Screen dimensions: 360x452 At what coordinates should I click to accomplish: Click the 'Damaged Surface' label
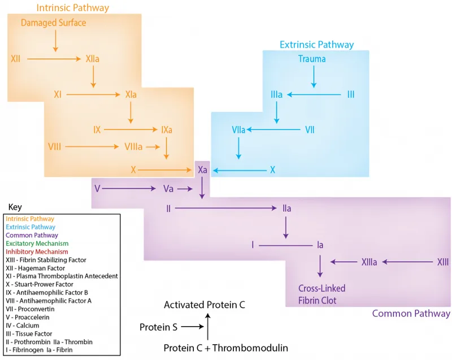point(54,23)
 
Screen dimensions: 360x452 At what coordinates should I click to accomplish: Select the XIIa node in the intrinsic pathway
point(93,58)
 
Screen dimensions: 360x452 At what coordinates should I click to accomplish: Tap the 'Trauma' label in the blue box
point(312,59)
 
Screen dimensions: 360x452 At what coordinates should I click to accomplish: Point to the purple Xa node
point(202,170)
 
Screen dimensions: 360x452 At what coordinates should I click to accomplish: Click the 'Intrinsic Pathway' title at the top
point(72,8)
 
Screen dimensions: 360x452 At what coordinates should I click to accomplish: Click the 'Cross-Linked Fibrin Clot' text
point(322,294)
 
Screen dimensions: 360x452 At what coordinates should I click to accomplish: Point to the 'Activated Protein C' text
point(204,305)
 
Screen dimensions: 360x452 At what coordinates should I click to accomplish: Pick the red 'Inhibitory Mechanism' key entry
point(36,251)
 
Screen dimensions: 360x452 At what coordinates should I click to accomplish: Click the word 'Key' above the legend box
point(15,207)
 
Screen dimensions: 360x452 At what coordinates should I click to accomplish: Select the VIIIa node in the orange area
point(133,147)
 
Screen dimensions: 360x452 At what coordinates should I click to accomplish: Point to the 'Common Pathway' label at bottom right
point(411,313)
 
